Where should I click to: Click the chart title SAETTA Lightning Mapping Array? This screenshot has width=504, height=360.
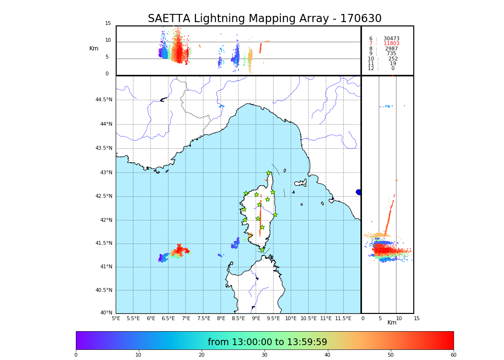pyautogui.click(x=264, y=19)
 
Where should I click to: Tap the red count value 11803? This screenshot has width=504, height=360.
pyautogui.click(x=391, y=44)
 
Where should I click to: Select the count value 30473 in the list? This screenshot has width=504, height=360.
pyautogui.click(x=391, y=39)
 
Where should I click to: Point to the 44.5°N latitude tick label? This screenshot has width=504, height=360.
pyautogui.click(x=104, y=100)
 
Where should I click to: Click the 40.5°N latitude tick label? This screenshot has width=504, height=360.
pyautogui.click(x=104, y=290)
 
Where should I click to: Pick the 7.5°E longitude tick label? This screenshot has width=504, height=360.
pyautogui.click(x=204, y=318)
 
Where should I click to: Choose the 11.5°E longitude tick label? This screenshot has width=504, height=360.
pyautogui.click(x=343, y=318)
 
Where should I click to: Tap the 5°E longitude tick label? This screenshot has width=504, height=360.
pyautogui.click(x=116, y=318)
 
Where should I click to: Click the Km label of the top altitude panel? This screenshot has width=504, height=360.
pyautogui.click(x=94, y=48)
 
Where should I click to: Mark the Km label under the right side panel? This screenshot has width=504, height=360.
pyautogui.click(x=392, y=323)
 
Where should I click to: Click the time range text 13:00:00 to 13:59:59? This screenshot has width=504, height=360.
pyautogui.click(x=267, y=342)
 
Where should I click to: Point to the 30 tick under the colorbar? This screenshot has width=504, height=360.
pyautogui.click(x=264, y=355)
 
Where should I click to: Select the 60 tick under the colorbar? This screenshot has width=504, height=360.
pyautogui.click(x=453, y=355)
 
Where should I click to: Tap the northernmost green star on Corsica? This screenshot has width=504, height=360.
pyautogui.click(x=269, y=173)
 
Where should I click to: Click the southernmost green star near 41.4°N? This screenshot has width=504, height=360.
pyautogui.click(x=262, y=250)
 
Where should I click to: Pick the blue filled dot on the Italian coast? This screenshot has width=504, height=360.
pyautogui.click(x=359, y=192)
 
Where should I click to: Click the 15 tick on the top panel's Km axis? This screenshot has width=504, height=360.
pyautogui.click(x=108, y=24)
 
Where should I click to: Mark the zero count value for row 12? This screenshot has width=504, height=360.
pyautogui.click(x=393, y=69)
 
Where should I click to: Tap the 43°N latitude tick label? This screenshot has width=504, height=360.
pyautogui.click(x=104, y=173)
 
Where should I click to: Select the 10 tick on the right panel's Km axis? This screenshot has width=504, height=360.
pyautogui.click(x=399, y=318)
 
